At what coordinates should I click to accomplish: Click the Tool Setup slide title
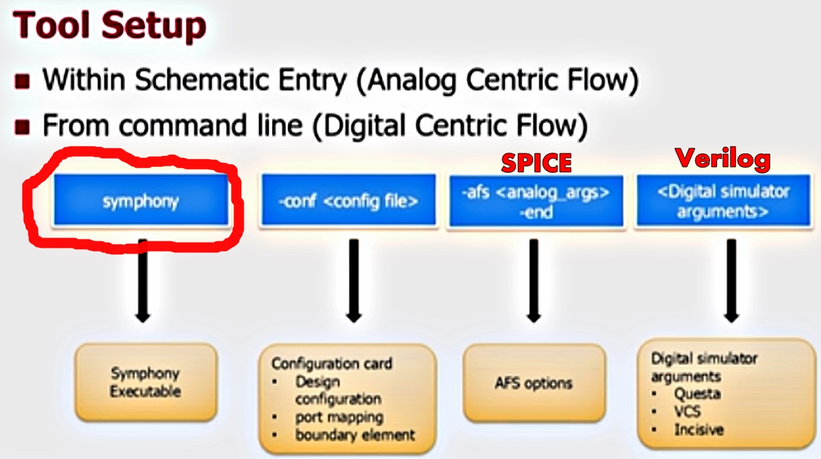(110, 27)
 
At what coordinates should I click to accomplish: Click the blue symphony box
(140, 200)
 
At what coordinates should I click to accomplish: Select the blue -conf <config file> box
(348, 200)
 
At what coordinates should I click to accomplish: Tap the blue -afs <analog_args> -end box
(536, 201)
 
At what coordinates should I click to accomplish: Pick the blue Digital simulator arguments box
(722, 201)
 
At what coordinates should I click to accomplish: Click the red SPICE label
(536, 162)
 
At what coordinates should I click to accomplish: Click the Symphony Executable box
(146, 382)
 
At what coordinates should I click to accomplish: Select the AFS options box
(534, 383)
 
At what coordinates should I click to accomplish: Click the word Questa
(697, 394)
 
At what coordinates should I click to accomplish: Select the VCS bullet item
(687, 411)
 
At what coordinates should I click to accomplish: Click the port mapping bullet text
(339, 417)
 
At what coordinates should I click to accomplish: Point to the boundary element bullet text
(355, 435)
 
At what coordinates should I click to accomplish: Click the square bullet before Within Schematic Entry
(23, 82)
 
